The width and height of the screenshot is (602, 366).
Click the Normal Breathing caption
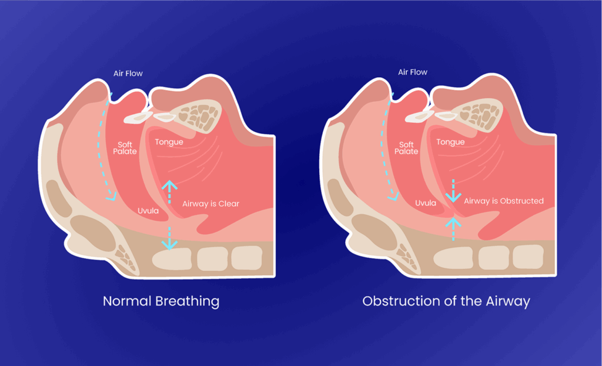click(160, 301)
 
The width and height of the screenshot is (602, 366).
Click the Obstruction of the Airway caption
click(446, 301)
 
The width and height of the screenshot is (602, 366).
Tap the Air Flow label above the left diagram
click(128, 74)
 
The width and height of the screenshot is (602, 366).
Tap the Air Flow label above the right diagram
click(412, 72)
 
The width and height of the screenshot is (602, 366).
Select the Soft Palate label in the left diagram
click(125, 148)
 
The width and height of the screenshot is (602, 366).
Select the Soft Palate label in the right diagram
click(406, 148)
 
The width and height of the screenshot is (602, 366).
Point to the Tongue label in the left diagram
click(169, 142)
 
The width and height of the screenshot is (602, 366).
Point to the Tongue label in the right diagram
click(450, 142)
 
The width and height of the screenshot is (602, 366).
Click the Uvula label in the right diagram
click(425, 203)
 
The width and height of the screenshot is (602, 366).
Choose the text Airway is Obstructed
click(504, 201)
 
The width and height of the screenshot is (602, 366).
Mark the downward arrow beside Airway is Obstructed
click(453, 191)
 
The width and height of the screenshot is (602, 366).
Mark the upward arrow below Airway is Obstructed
click(453, 228)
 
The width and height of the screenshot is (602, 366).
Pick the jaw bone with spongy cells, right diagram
click(481, 115)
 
